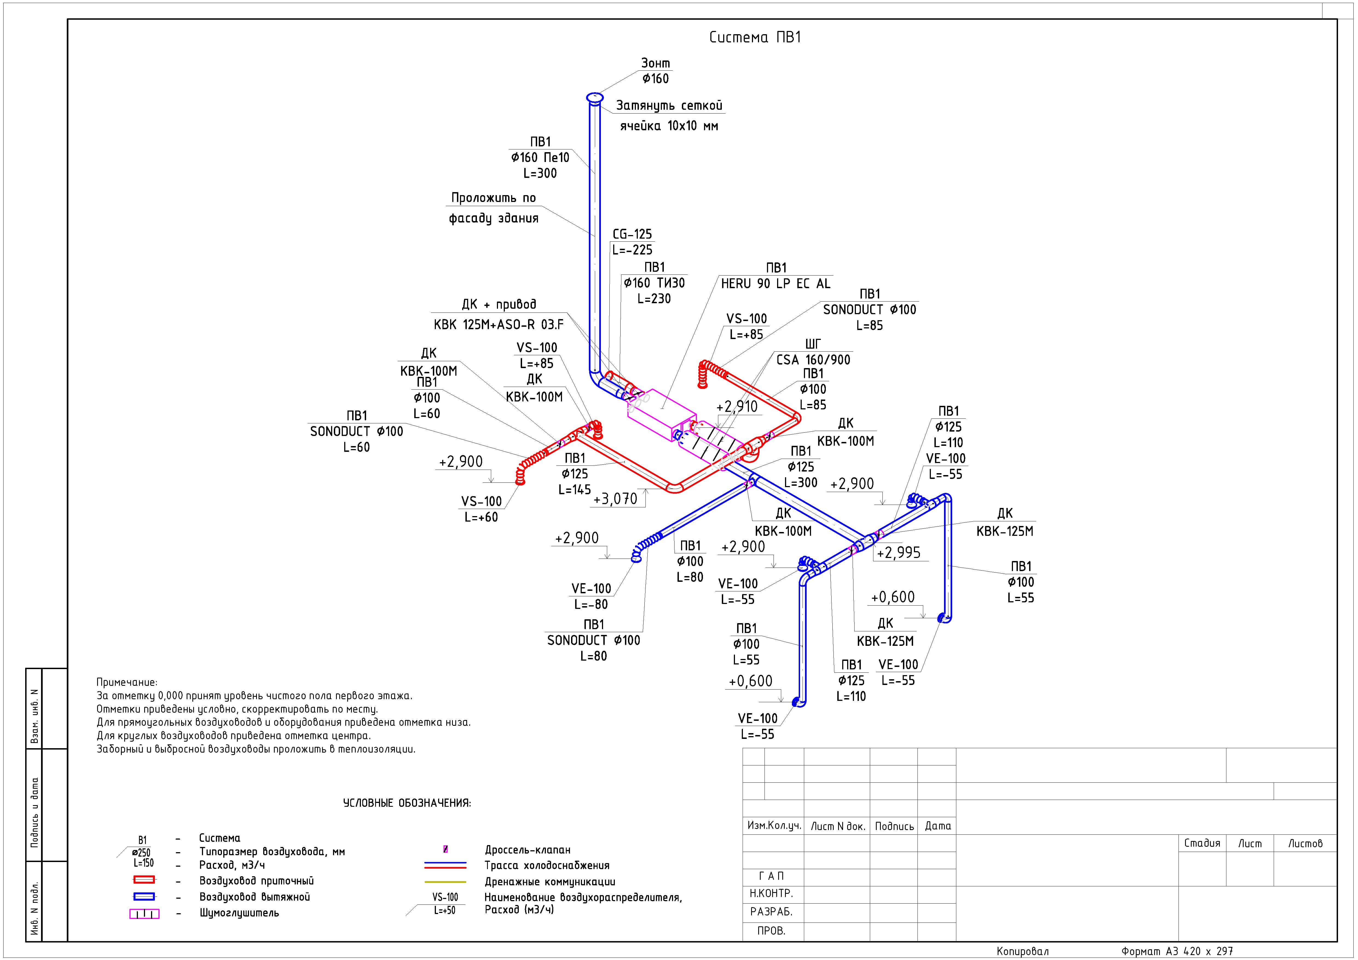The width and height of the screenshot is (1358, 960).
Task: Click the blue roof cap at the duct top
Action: click(x=594, y=98)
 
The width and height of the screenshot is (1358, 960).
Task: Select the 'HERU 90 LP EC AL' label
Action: click(x=775, y=284)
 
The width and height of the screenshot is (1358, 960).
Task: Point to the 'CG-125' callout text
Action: click(x=632, y=234)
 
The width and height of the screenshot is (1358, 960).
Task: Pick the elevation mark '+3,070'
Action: click(x=615, y=499)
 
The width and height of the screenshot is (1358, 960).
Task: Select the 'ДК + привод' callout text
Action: click(x=499, y=305)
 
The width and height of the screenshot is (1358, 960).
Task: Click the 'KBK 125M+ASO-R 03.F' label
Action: click(x=499, y=325)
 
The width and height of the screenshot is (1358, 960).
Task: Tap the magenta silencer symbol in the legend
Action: click(x=144, y=914)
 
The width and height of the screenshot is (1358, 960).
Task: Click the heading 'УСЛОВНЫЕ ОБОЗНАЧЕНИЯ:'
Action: click(x=407, y=803)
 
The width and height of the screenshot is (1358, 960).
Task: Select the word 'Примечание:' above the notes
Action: click(x=127, y=683)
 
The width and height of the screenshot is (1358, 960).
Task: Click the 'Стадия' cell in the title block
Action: click(x=1202, y=843)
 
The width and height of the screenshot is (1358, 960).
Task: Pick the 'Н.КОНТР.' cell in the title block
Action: click(x=771, y=893)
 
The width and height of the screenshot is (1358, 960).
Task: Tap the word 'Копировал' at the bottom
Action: click(x=1023, y=951)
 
